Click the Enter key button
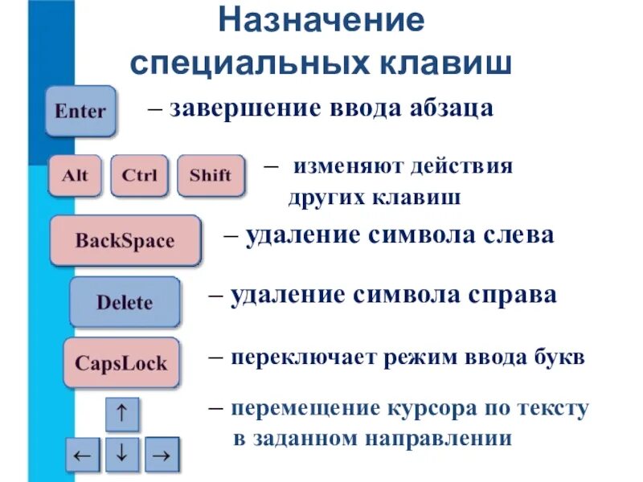click(x=80, y=111)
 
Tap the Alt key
click(x=75, y=175)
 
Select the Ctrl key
click(x=140, y=175)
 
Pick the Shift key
click(x=211, y=175)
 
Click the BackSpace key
click(x=125, y=240)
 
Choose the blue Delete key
click(x=125, y=302)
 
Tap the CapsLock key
click(x=121, y=362)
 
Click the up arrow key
click(x=122, y=415)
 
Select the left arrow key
click(x=83, y=455)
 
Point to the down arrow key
click(x=122, y=453)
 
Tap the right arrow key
click(x=161, y=455)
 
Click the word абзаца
click(x=448, y=108)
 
